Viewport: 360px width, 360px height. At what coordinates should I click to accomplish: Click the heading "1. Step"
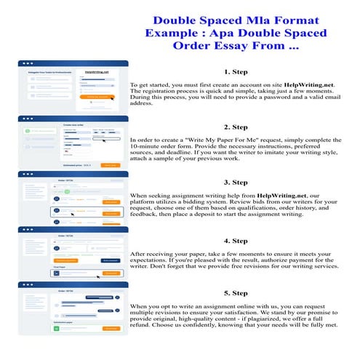237,72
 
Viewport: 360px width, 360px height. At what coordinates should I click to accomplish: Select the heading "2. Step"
237,127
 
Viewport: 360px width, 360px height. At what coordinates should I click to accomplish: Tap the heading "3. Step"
237,182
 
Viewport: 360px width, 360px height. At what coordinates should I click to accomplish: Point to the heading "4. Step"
237,240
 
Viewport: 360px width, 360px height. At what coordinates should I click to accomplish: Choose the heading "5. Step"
237,294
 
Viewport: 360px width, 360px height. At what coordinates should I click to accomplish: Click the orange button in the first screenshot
100,96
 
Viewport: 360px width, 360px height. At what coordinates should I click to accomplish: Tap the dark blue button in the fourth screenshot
111,260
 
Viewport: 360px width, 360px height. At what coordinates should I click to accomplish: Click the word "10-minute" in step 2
145,146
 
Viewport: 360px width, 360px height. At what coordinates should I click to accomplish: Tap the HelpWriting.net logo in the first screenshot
96,72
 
